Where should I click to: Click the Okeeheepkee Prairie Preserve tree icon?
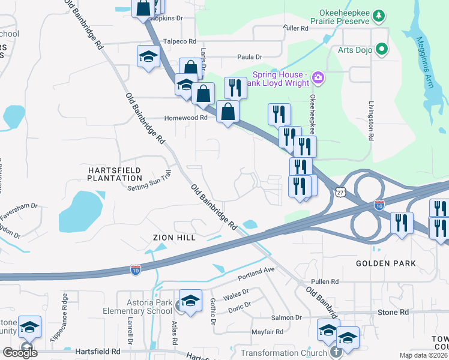[379, 14]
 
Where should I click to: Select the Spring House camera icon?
[318, 77]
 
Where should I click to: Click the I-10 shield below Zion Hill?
[136, 269]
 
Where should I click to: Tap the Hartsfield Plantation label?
[115, 174]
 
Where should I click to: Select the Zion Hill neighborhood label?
[174, 238]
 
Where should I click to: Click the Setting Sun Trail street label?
[149, 188]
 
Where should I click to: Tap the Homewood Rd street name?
[186, 118]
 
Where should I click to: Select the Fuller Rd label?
[295, 28]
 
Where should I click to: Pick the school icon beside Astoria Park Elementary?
[190, 302]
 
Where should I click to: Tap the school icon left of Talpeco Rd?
[148, 57]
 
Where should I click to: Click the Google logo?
[20, 352]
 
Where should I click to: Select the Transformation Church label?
[285, 353]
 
